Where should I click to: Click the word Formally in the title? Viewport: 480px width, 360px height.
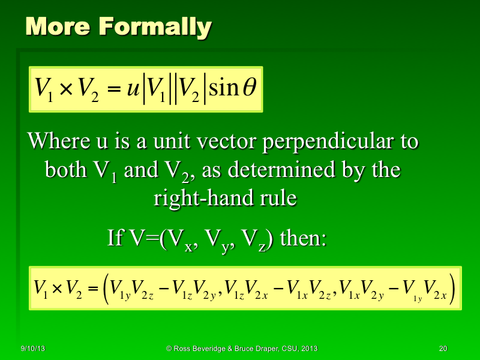pyautogui.click(x=155, y=27)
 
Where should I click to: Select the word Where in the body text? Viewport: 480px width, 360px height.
pyautogui.click(x=58, y=142)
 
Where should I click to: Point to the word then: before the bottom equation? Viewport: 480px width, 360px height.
pyautogui.click(x=303, y=238)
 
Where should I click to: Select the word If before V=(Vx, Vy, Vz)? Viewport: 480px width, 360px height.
pyautogui.click(x=114, y=238)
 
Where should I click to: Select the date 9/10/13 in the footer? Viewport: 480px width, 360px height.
pyautogui.click(x=30, y=349)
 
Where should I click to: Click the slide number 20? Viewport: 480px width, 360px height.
pyautogui.click(x=443, y=349)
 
